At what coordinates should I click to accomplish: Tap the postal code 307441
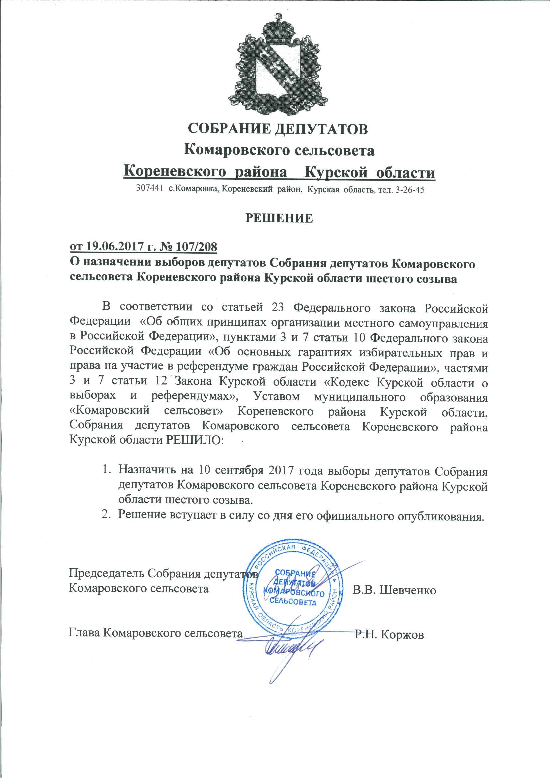click(x=148, y=189)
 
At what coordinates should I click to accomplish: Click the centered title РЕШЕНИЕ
click(x=279, y=218)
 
